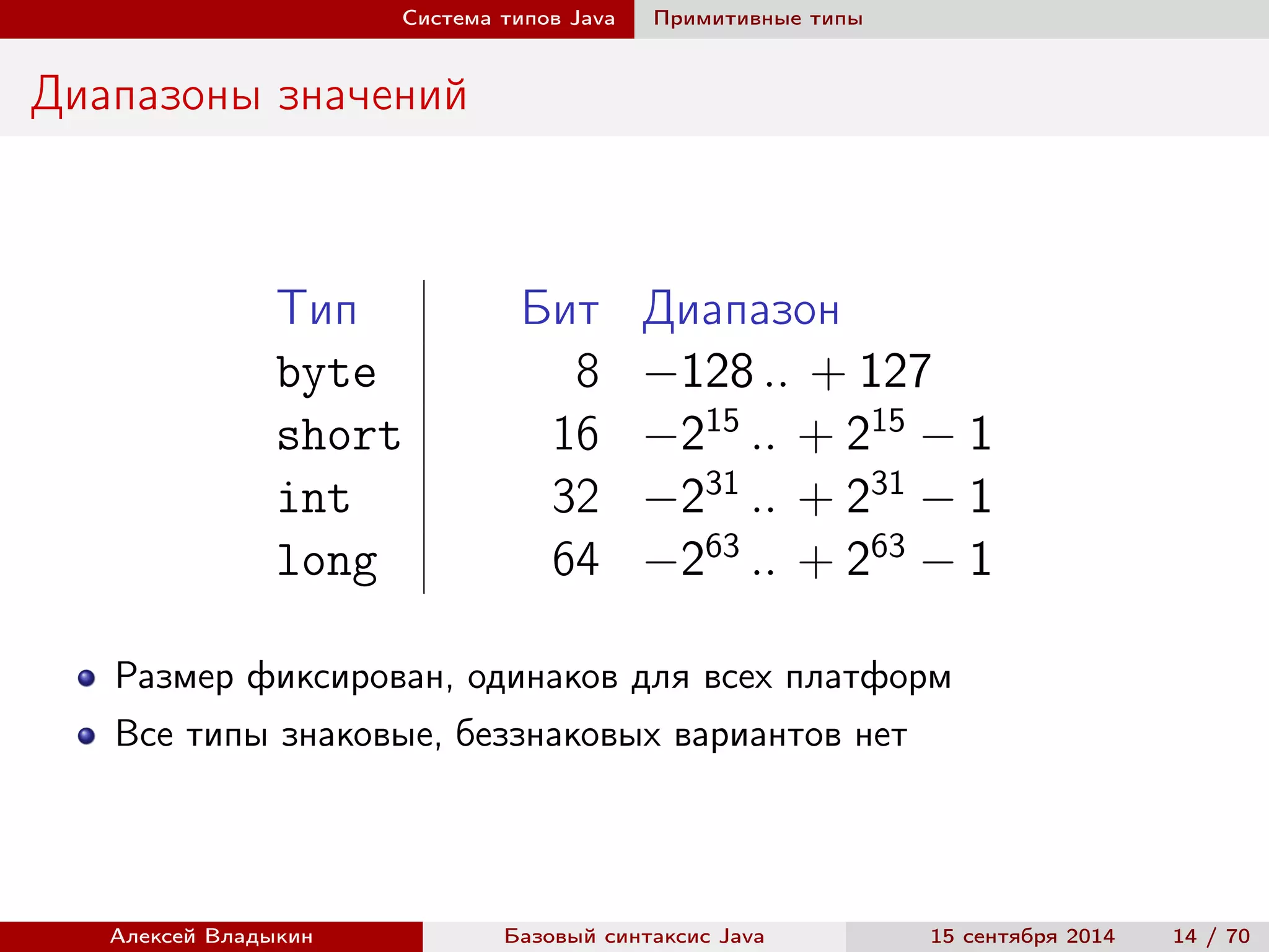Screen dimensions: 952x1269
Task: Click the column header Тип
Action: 317,308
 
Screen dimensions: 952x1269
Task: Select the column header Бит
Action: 560,308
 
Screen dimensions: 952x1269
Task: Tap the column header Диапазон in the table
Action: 741,309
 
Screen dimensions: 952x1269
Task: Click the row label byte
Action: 327,372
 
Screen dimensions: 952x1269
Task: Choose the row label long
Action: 327,560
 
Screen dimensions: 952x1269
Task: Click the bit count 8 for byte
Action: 587,371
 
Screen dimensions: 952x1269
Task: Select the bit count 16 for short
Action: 575,434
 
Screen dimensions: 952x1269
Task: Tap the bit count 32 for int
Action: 575,496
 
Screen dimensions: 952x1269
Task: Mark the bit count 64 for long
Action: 575,559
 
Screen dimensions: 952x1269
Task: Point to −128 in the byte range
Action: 699,372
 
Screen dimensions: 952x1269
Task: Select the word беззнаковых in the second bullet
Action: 558,734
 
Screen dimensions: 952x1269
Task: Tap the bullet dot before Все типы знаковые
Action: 87,736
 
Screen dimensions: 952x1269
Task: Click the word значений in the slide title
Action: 372,95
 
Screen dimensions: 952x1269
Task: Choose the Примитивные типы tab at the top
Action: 758,19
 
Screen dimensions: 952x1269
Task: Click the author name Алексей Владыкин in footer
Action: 211,936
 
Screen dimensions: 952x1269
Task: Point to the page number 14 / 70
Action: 1211,936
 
